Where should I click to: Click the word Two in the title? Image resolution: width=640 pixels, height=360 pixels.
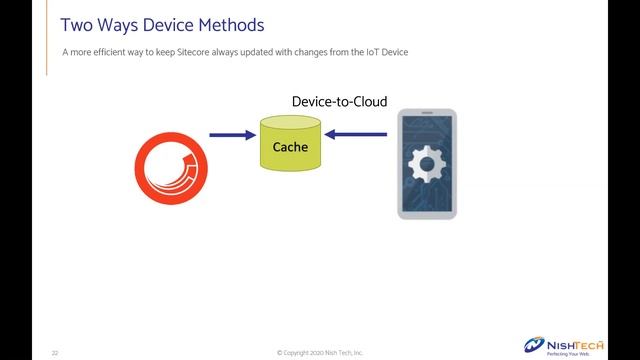(x=78, y=24)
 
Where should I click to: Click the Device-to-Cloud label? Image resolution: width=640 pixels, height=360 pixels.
(x=339, y=102)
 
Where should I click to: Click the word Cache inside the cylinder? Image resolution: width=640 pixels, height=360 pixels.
(x=291, y=148)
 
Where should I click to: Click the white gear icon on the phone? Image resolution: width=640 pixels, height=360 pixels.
(x=427, y=161)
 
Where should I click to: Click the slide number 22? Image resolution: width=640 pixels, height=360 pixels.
(x=56, y=353)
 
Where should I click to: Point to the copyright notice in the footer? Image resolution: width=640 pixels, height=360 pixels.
(x=320, y=353)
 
